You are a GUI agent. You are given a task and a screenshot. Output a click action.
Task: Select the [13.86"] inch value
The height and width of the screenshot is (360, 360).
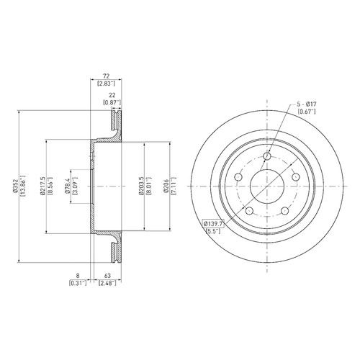tap(23, 186)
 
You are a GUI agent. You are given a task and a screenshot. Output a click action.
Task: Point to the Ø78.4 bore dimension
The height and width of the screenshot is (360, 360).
tap(68, 186)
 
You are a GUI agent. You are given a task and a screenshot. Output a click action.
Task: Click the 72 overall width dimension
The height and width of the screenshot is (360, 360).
tap(106, 76)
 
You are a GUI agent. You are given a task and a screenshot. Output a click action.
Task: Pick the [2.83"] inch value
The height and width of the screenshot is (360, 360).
tap(106, 84)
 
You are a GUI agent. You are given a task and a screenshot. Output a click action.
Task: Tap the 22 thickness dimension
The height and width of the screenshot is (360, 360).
tap(112, 95)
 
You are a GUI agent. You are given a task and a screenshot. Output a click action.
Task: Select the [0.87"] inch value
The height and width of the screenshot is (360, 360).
tap(112, 102)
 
